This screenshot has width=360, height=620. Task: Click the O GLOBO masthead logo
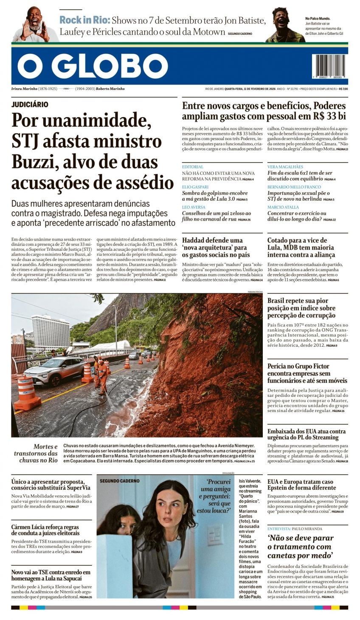[93, 67]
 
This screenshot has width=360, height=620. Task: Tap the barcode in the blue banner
[329, 66]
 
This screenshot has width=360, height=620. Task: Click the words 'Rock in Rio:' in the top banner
[84, 20]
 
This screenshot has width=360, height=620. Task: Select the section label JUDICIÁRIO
[30, 104]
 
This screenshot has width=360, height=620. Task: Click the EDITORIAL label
[193, 167]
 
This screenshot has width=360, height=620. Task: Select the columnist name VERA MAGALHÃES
[285, 167]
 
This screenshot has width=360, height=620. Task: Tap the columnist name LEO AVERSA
[194, 207]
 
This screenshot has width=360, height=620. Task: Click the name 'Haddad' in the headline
[196, 240]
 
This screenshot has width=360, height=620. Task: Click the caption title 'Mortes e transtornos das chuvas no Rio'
[37, 453]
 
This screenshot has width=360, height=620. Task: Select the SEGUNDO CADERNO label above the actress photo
[119, 481]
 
